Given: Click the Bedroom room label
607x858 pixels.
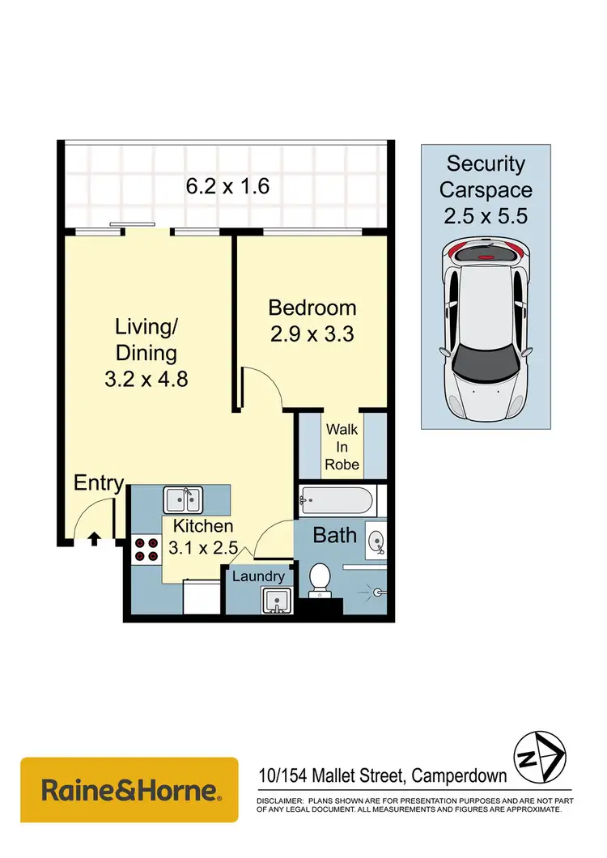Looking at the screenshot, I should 312,308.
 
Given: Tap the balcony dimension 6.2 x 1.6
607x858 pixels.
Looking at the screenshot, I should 227,186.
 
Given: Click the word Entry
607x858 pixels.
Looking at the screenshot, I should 98,484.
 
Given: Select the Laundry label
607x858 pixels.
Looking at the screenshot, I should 258,576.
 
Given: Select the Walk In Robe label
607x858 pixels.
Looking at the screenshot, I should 342,447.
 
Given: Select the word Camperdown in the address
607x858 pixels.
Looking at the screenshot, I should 459,775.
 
